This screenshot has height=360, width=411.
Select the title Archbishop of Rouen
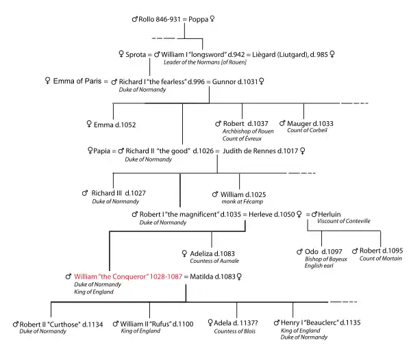point(247,131)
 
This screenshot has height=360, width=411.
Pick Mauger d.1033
point(314,123)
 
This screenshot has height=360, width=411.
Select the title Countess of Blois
point(236,331)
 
